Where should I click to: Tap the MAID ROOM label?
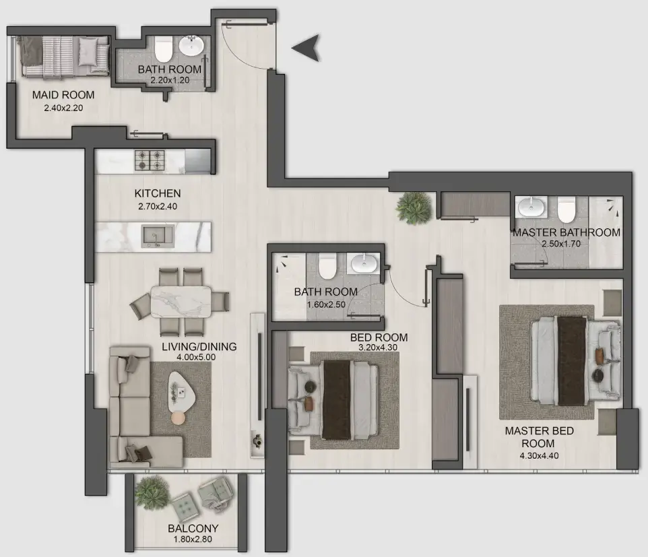coord(63,95)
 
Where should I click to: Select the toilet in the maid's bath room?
coord(163,50)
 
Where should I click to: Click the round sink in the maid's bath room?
coord(192,46)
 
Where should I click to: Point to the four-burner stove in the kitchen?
coord(150,160)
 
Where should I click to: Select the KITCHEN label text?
coord(157,193)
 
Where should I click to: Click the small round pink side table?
coord(178,418)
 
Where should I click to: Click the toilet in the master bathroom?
coord(566,210)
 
